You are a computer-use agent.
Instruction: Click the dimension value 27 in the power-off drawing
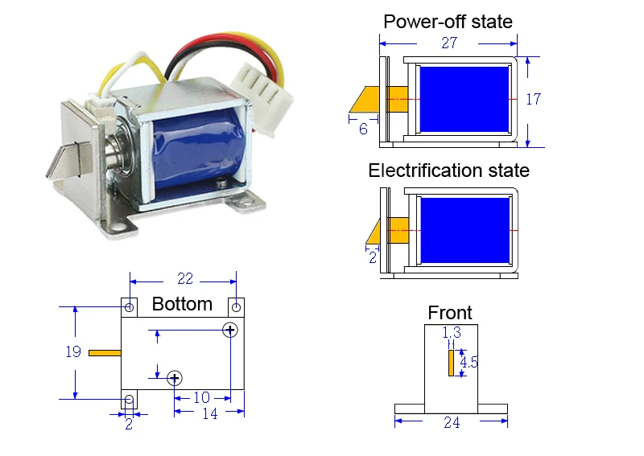449,43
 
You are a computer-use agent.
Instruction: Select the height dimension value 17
534,99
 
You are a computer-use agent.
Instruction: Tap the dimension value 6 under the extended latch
363,129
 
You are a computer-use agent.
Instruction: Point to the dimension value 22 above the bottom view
185,279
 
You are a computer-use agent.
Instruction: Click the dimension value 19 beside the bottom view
73,351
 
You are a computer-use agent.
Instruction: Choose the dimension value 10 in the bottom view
202,397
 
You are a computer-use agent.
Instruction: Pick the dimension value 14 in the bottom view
210,413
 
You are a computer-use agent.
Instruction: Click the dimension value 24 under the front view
452,422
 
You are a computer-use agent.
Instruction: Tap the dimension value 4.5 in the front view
469,362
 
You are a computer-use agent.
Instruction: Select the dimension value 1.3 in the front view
452,332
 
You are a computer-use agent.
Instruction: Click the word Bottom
182,304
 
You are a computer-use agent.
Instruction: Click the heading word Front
450,313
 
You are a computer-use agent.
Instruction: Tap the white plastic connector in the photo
262,100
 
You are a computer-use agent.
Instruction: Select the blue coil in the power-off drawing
464,100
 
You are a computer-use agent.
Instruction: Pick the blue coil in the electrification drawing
465,230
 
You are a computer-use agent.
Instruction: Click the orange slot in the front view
451,363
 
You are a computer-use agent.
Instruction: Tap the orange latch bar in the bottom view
105,353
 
